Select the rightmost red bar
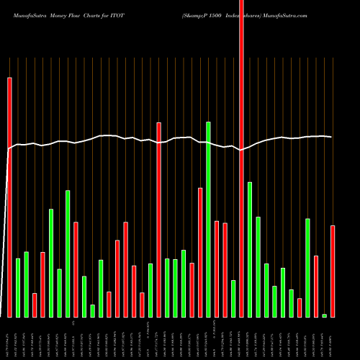333,271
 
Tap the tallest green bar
208,219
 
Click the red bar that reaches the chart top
241,158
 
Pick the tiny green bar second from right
324,315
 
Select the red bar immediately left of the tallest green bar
200,252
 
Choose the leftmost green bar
18,287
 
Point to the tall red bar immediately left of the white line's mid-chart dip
158,220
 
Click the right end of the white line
331,137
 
